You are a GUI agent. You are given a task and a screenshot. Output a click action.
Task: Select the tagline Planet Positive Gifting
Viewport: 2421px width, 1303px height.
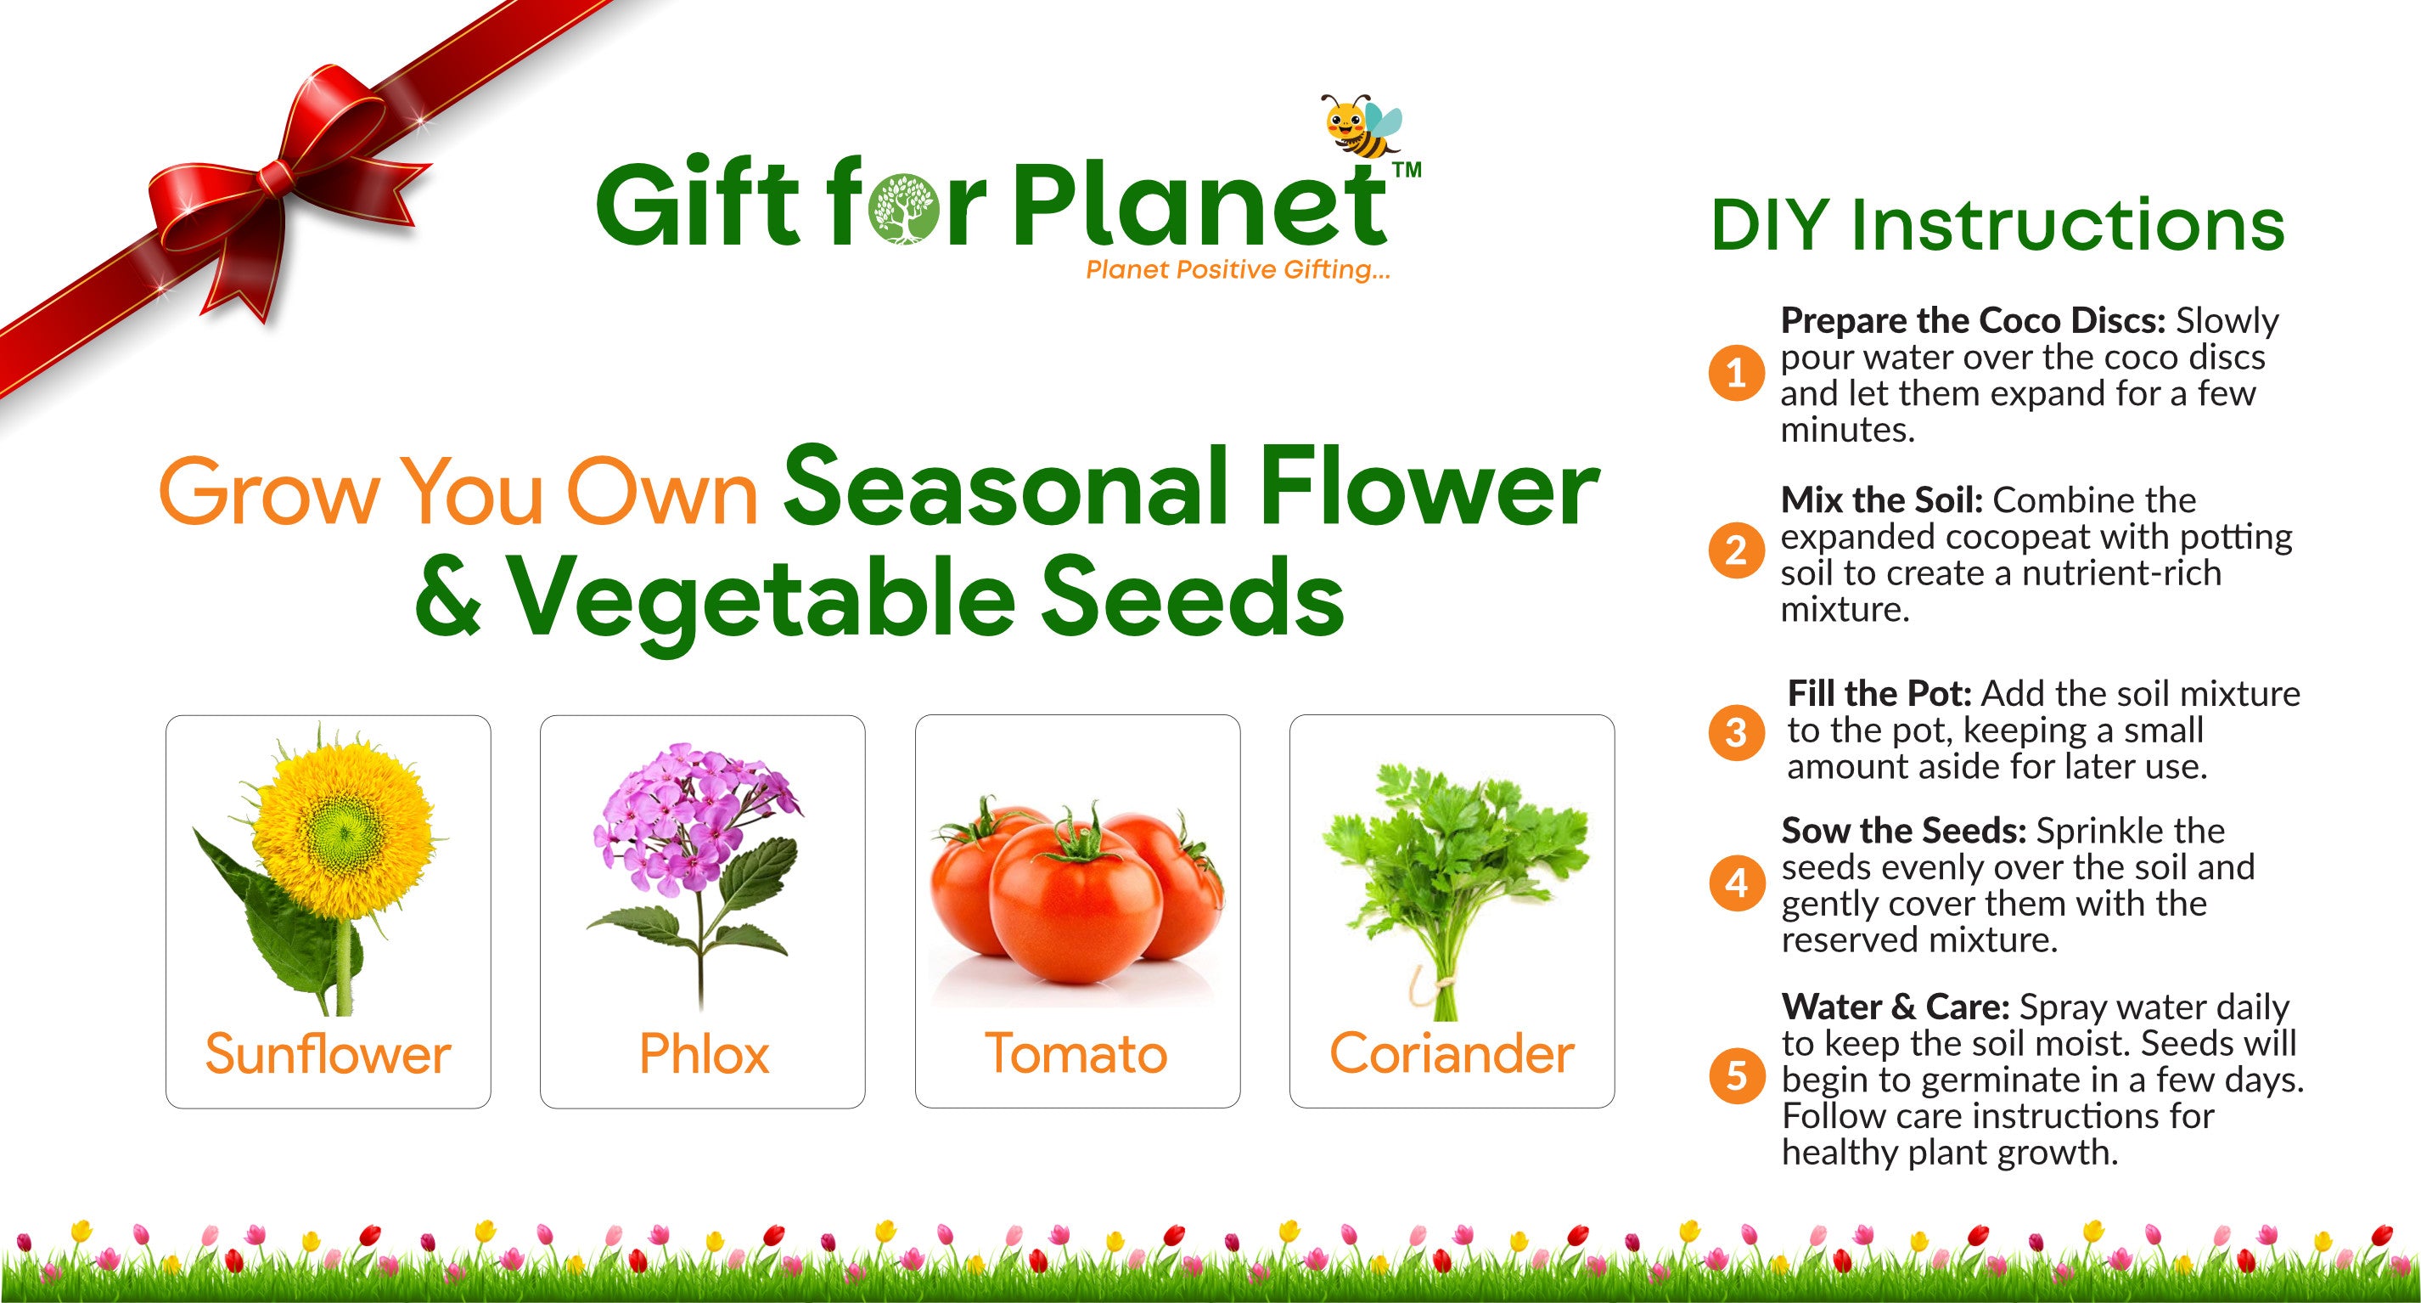[1238, 271]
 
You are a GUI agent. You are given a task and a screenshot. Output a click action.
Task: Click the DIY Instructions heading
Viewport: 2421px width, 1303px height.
[1997, 226]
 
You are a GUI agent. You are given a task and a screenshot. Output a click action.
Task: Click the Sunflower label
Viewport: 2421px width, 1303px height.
[328, 1054]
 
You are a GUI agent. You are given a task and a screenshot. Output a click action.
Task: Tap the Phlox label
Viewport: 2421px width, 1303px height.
[704, 1054]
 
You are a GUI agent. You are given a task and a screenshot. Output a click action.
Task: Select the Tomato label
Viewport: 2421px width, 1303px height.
[1076, 1054]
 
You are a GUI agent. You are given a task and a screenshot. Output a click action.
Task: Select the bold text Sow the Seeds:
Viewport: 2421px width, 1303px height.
[1903, 831]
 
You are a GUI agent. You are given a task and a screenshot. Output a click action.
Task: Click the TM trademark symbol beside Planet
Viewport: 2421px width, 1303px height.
[1405, 170]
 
